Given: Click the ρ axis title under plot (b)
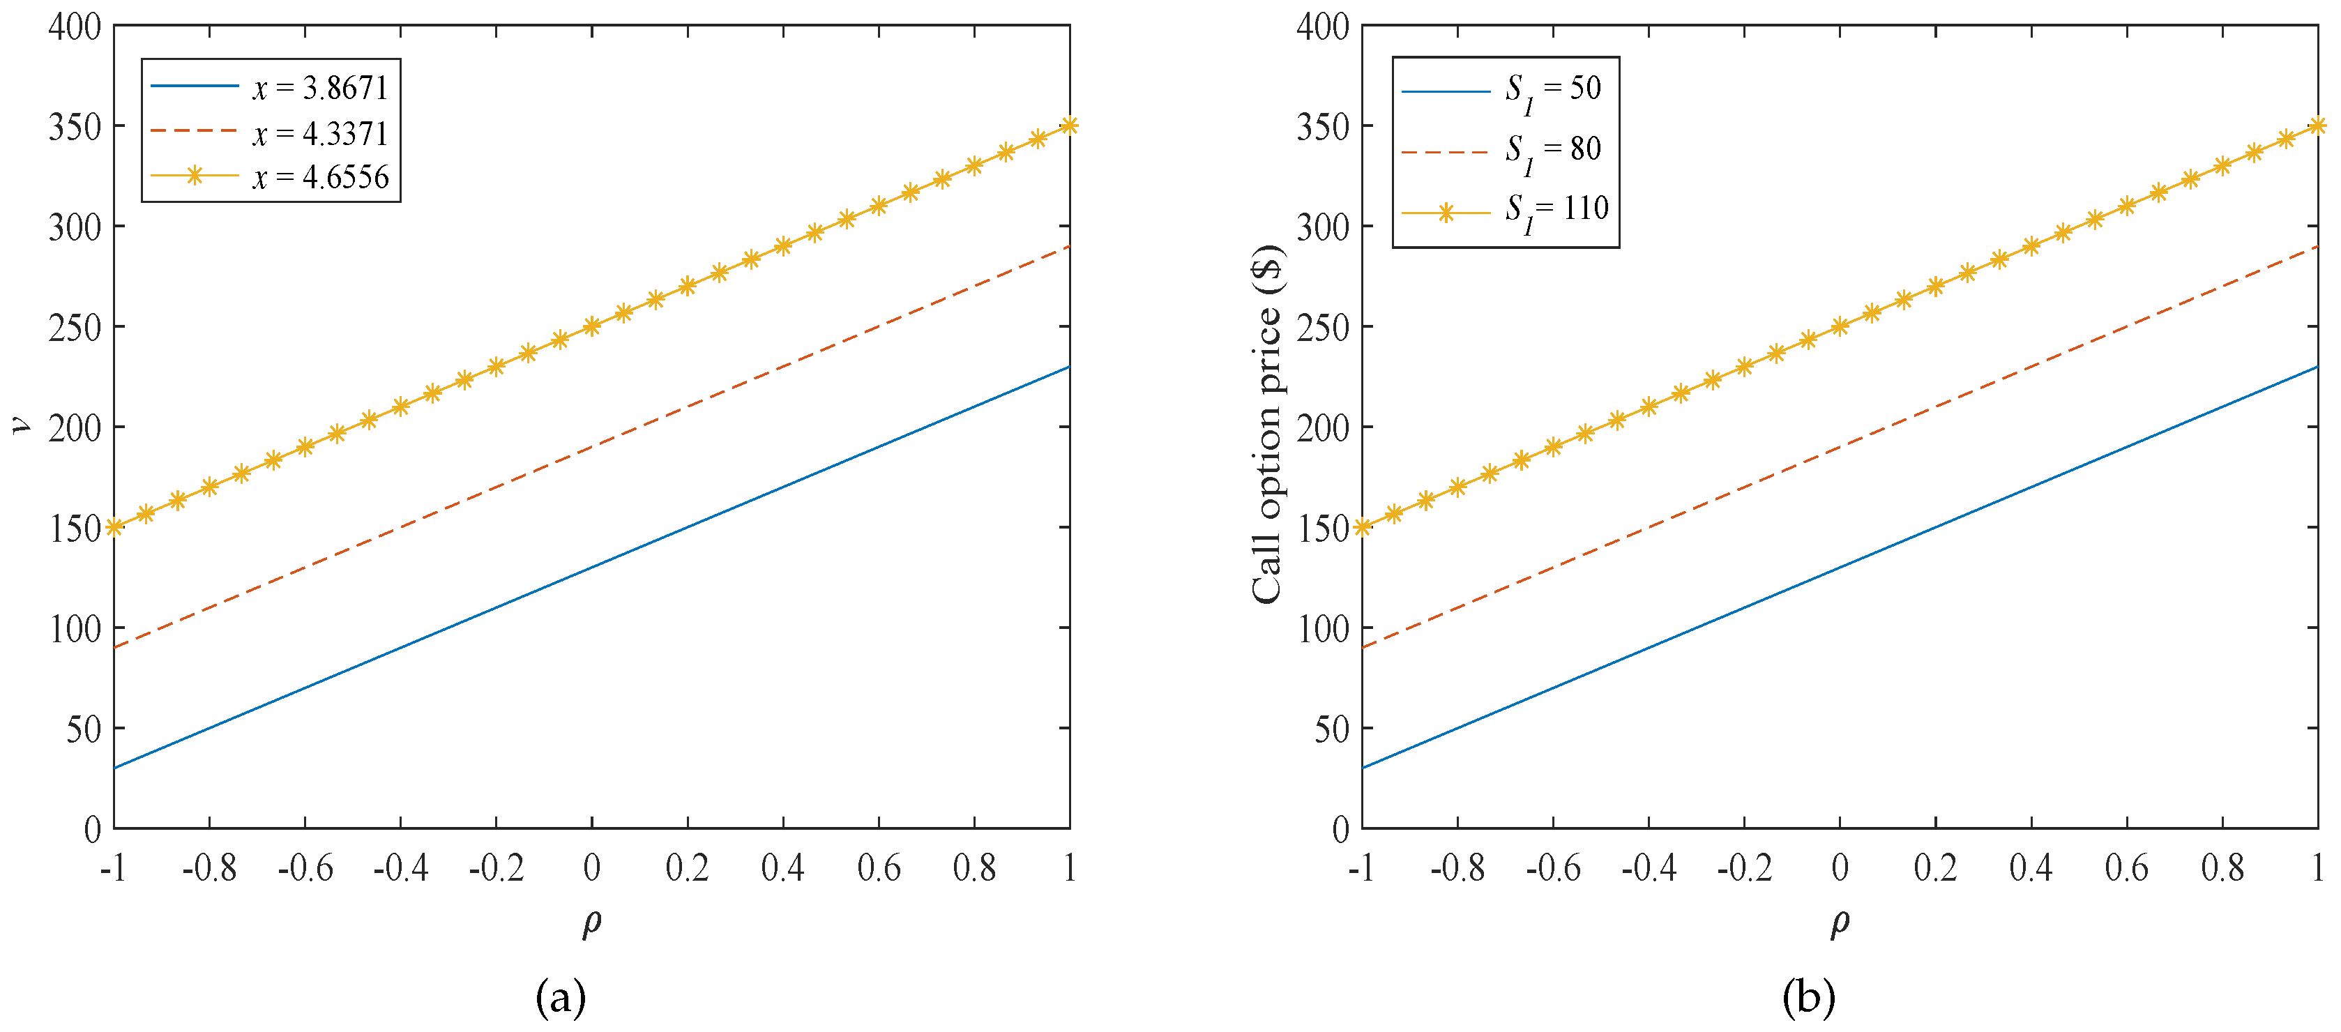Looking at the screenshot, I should pyautogui.click(x=1840, y=922).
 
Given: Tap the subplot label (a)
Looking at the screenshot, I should pyautogui.click(x=561, y=997).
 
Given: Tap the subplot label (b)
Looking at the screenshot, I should pyautogui.click(x=1808, y=997).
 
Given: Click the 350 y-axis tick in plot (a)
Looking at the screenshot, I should pyautogui.click(x=75, y=127).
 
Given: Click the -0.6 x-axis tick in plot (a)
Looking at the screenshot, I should pyautogui.click(x=305, y=868).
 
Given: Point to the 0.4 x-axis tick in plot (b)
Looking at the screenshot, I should pyautogui.click(x=2031, y=868).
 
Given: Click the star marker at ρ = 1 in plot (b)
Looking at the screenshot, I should pyautogui.click(x=2317, y=126).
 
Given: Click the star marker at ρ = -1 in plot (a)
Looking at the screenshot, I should pyautogui.click(x=114, y=527).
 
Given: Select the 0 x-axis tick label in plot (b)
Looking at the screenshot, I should pyautogui.click(x=1840, y=868).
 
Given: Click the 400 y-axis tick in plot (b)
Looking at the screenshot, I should pyautogui.click(x=1323, y=27).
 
